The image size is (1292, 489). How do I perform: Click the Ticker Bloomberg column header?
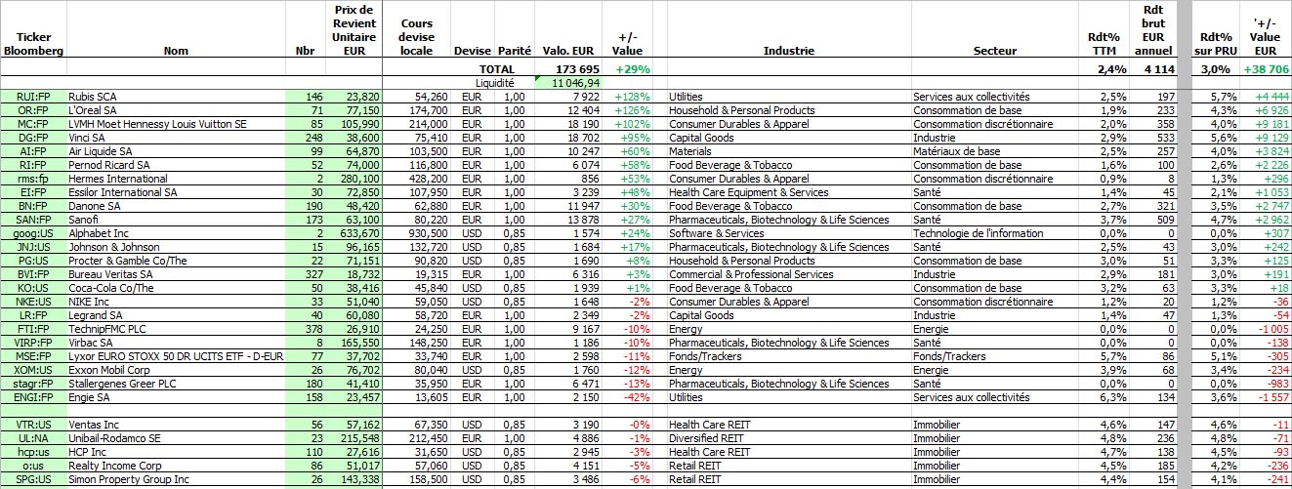click(33, 44)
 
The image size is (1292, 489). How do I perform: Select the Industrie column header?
click(788, 51)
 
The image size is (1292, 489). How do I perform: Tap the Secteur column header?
click(995, 51)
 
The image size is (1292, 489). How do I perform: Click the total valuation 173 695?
click(577, 69)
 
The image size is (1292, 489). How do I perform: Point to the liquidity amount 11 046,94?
click(575, 83)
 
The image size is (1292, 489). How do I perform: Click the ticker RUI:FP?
click(33, 97)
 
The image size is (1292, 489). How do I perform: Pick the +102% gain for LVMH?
click(632, 124)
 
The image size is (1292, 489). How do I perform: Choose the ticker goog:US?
click(33, 233)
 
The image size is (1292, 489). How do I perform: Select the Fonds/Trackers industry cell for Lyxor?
click(705, 356)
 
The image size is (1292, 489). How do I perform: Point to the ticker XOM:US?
click(33, 370)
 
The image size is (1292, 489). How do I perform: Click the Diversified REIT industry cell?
click(706, 438)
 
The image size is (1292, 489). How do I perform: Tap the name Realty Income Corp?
click(115, 466)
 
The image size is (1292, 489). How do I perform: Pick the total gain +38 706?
click(1266, 69)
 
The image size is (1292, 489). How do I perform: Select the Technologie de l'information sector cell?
click(979, 233)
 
